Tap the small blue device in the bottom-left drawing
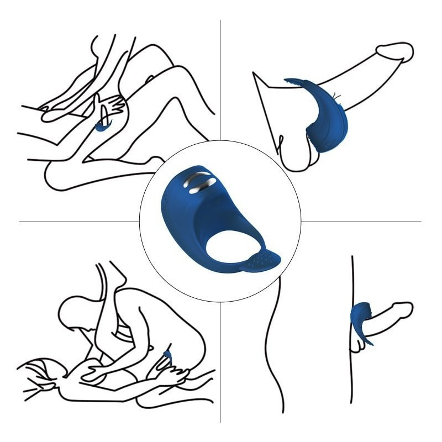[x=167, y=356]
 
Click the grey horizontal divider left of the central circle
[x=77, y=222]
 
